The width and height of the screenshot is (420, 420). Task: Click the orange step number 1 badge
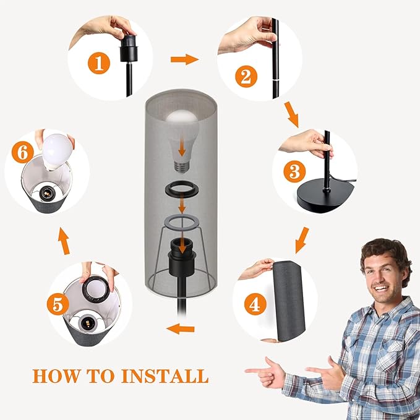coord(99,63)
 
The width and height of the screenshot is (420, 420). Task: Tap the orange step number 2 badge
coord(246,77)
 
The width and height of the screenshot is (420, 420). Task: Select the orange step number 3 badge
coord(294,171)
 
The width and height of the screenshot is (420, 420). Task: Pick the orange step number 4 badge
coord(255,304)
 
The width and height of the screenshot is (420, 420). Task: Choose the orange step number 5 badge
coord(58,304)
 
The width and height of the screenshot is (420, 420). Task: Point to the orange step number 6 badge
coord(22,152)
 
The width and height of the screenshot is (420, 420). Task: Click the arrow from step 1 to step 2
coord(184,59)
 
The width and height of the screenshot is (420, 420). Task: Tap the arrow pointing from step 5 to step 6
coord(64,241)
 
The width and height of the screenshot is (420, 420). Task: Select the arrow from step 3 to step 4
coord(302,240)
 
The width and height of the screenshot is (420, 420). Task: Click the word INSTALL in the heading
coord(165,376)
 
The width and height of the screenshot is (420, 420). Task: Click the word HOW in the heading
coord(56,376)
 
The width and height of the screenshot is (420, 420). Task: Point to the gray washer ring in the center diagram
coord(182,222)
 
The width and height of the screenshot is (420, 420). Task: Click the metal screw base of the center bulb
coord(182,166)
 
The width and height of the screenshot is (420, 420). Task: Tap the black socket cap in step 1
coord(129,48)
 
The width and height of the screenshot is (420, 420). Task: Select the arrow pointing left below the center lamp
coord(180,328)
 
